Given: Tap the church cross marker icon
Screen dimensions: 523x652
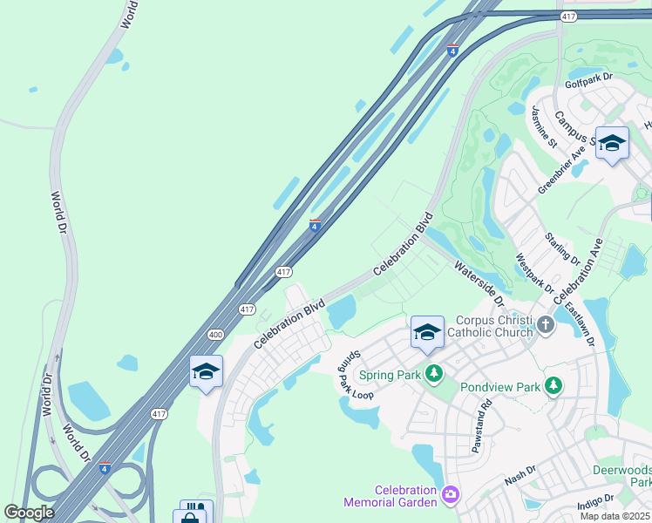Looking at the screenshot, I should (546, 325).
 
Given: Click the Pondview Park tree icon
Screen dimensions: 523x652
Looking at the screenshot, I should (552, 385).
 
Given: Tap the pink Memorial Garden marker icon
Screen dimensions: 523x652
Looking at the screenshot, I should (450, 495).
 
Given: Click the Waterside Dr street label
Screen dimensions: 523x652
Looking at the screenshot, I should (478, 284).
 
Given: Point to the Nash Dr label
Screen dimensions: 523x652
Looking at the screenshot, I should (519, 480).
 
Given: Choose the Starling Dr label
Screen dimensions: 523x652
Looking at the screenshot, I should (561, 248).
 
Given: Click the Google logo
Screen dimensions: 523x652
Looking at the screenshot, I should (29, 512).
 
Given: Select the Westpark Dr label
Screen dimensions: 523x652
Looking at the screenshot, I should (534, 273).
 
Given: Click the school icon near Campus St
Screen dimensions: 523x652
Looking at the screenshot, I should (612, 143).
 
